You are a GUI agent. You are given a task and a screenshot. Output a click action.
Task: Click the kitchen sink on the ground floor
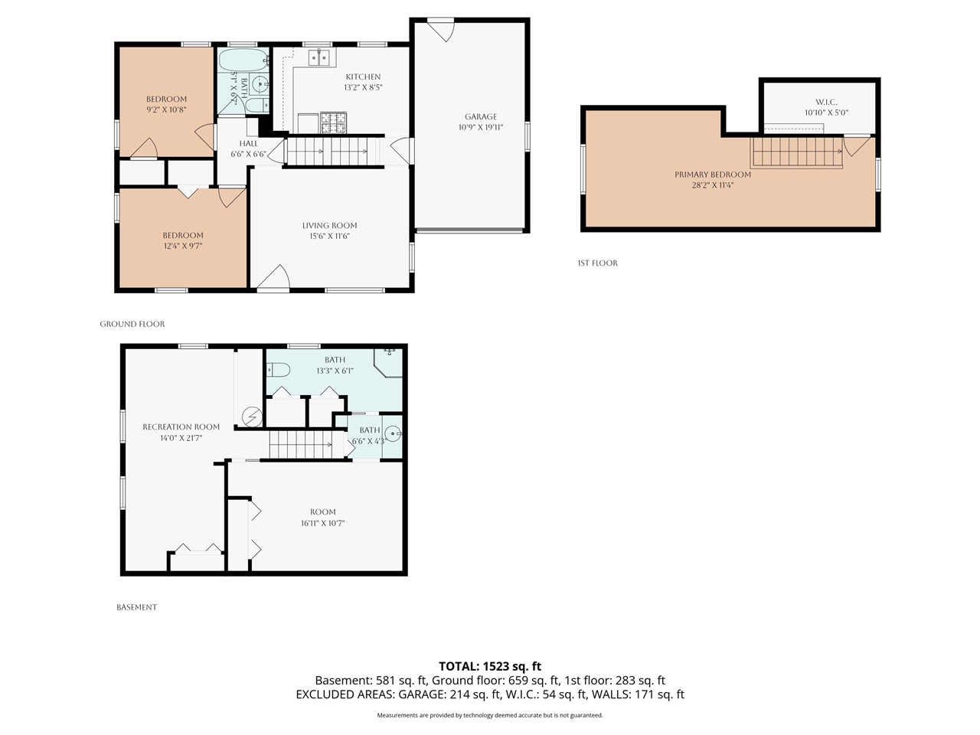(318, 57)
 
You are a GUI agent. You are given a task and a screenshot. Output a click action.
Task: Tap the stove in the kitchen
(333, 122)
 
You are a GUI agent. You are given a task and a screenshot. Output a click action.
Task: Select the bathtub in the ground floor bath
(243, 60)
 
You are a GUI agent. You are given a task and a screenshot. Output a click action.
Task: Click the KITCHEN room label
(363, 77)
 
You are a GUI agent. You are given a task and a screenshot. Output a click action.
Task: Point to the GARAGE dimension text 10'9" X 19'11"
(480, 127)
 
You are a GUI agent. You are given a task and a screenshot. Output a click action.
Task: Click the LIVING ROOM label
(329, 225)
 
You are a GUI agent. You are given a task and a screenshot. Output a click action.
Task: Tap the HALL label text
(248, 143)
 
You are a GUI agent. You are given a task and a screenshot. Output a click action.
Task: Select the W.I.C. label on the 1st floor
(826, 102)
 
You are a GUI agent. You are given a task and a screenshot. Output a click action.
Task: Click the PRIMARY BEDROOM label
(713, 175)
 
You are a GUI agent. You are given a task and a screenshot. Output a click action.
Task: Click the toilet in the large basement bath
(278, 370)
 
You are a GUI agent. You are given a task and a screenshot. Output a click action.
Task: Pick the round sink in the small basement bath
(393, 433)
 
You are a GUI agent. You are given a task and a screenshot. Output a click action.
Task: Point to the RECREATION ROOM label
(181, 426)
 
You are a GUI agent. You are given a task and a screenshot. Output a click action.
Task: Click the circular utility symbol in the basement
(252, 416)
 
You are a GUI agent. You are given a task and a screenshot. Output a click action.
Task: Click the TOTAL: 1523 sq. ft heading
(490, 666)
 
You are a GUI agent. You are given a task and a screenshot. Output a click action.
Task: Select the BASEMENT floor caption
(136, 607)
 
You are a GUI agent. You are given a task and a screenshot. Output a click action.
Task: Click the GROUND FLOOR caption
(132, 324)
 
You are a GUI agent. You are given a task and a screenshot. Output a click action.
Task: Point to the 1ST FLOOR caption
(597, 263)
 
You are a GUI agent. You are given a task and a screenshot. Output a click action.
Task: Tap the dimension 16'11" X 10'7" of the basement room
(323, 523)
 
